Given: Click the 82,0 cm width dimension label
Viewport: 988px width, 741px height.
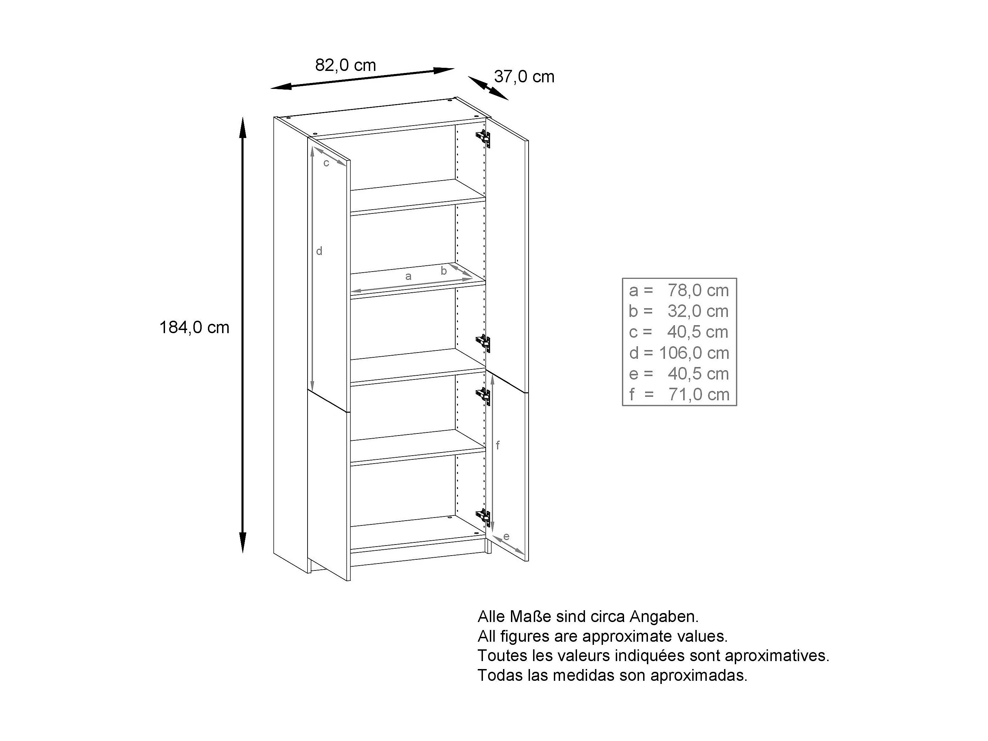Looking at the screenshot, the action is click(x=345, y=66).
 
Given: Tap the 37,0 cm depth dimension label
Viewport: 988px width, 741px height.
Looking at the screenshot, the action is click(x=524, y=77).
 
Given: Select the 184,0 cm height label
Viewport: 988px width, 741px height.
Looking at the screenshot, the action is click(x=194, y=328).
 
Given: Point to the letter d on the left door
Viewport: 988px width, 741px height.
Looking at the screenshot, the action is click(x=319, y=251).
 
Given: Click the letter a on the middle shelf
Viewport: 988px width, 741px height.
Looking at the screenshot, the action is click(x=408, y=276).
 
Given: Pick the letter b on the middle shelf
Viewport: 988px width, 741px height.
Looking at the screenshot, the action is click(x=443, y=271).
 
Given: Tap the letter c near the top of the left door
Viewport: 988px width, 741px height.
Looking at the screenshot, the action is click(x=326, y=163).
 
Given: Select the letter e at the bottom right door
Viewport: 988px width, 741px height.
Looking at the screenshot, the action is click(x=506, y=537).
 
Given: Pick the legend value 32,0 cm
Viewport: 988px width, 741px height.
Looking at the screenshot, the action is click(x=698, y=311).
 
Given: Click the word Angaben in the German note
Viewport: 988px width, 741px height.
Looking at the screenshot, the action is click(x=664, y=617).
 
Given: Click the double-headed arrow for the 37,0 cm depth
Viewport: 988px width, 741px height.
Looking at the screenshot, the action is click(x=488, y=88).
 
